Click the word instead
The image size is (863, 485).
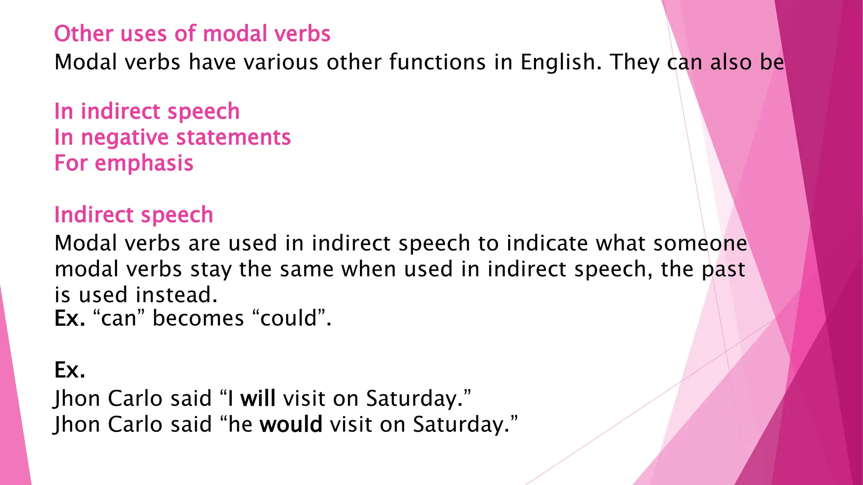click(177, 295)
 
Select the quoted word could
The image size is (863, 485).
click(288, 318)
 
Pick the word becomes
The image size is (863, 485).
click(198, 318)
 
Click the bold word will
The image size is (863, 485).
click(258, 398)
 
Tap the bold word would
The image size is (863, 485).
click(291, 424)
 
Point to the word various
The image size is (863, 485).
click(281, 62)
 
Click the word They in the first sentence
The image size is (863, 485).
click(634, 62)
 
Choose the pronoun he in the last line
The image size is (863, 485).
click(240, 424)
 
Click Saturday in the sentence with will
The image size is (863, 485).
click(414, 398)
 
